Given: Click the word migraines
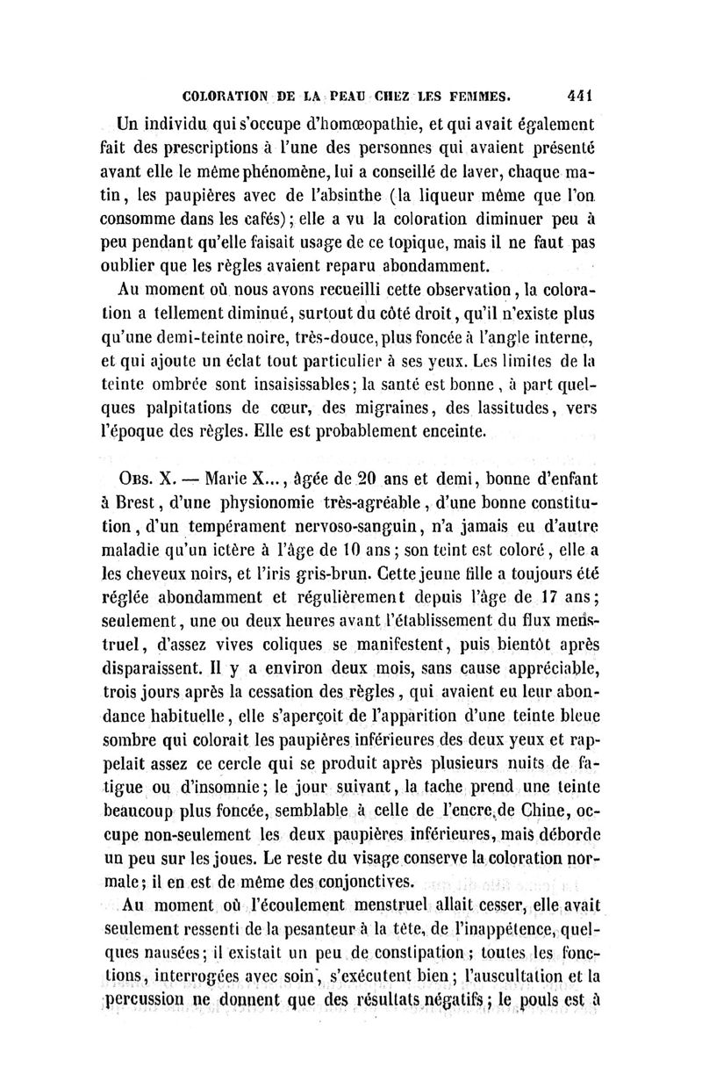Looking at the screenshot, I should [x=419, y=407].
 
